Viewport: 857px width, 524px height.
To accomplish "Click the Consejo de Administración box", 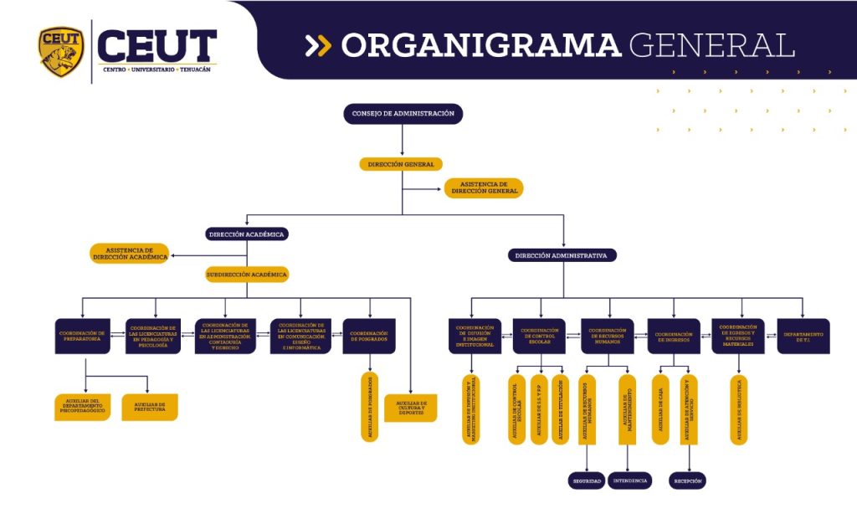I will (x=403, y=113).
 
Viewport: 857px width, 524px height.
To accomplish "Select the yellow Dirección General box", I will (x=401, y=164).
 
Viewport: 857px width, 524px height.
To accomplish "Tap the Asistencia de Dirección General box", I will (x=484, y=188).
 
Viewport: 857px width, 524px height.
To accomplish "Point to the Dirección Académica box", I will (x=247, y=234).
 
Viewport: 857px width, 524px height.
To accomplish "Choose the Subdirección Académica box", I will (x=247, y=274).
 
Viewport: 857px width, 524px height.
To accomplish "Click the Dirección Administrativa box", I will (x=562, y=254).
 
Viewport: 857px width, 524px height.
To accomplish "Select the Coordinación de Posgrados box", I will (x=369, y=336).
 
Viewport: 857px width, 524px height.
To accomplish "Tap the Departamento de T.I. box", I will (x=803, y=336).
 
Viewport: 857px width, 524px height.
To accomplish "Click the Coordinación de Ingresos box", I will (x=674, y=336).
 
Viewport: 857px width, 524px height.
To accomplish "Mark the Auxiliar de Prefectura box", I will (x=150, y=406).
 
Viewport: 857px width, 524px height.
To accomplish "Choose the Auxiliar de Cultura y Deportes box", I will (x=411, y=408).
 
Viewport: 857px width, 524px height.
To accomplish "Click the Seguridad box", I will (x=587, y=481).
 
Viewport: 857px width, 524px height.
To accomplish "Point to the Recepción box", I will (x=688, y=481).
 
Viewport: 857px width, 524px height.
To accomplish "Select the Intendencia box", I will (x=629, y=481).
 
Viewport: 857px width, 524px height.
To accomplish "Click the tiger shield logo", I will (x=61, y=50).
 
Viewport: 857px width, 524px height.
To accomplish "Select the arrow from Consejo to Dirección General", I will (x=403, y=140).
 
